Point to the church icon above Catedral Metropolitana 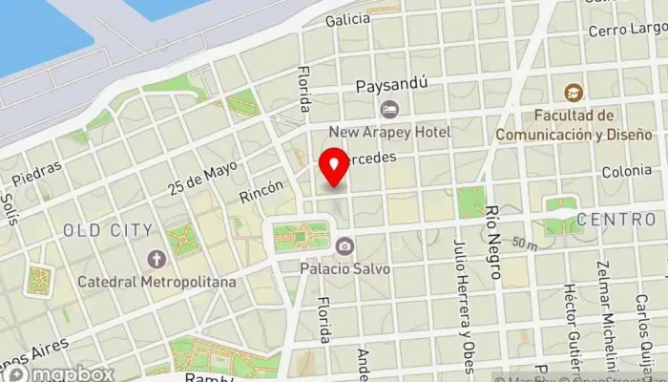click(x=157, y=259)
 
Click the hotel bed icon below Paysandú click(x=387, y=109)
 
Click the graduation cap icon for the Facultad click(x=573, y=94)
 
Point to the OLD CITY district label click(x=108, y=230)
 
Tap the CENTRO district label click(x=616, y=220)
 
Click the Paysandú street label click(x=388, y=86)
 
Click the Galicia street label click(x=346, y=19)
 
